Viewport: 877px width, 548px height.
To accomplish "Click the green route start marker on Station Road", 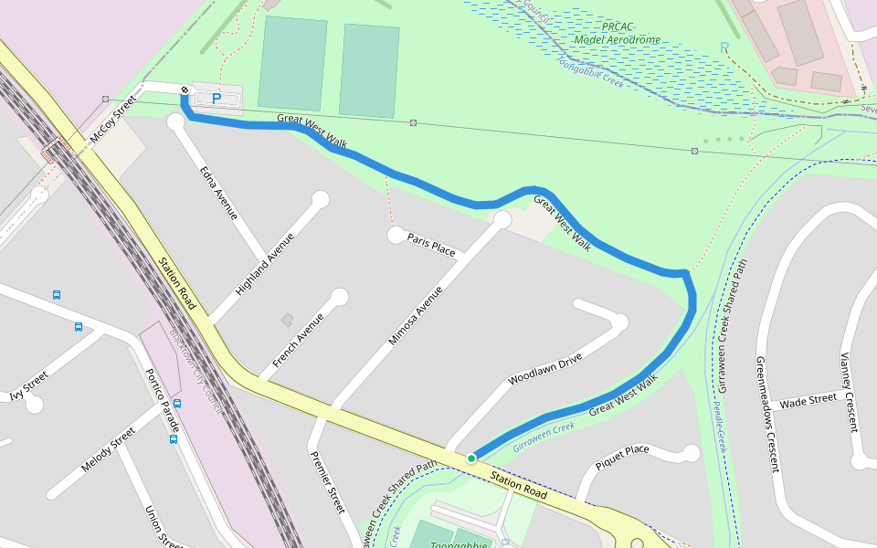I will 471,458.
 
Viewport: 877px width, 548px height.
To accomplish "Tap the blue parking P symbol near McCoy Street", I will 217,98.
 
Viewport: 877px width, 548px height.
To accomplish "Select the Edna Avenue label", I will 219,192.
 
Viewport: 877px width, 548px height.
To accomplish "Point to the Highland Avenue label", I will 265,265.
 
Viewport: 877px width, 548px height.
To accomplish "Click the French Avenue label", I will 298,346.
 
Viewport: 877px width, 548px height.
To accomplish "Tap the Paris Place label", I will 431,244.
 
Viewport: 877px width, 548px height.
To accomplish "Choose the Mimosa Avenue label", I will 416,315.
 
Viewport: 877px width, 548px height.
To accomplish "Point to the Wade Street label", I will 808,399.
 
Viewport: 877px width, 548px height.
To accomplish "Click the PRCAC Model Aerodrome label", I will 618,34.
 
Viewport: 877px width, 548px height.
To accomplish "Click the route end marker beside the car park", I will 185,90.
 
